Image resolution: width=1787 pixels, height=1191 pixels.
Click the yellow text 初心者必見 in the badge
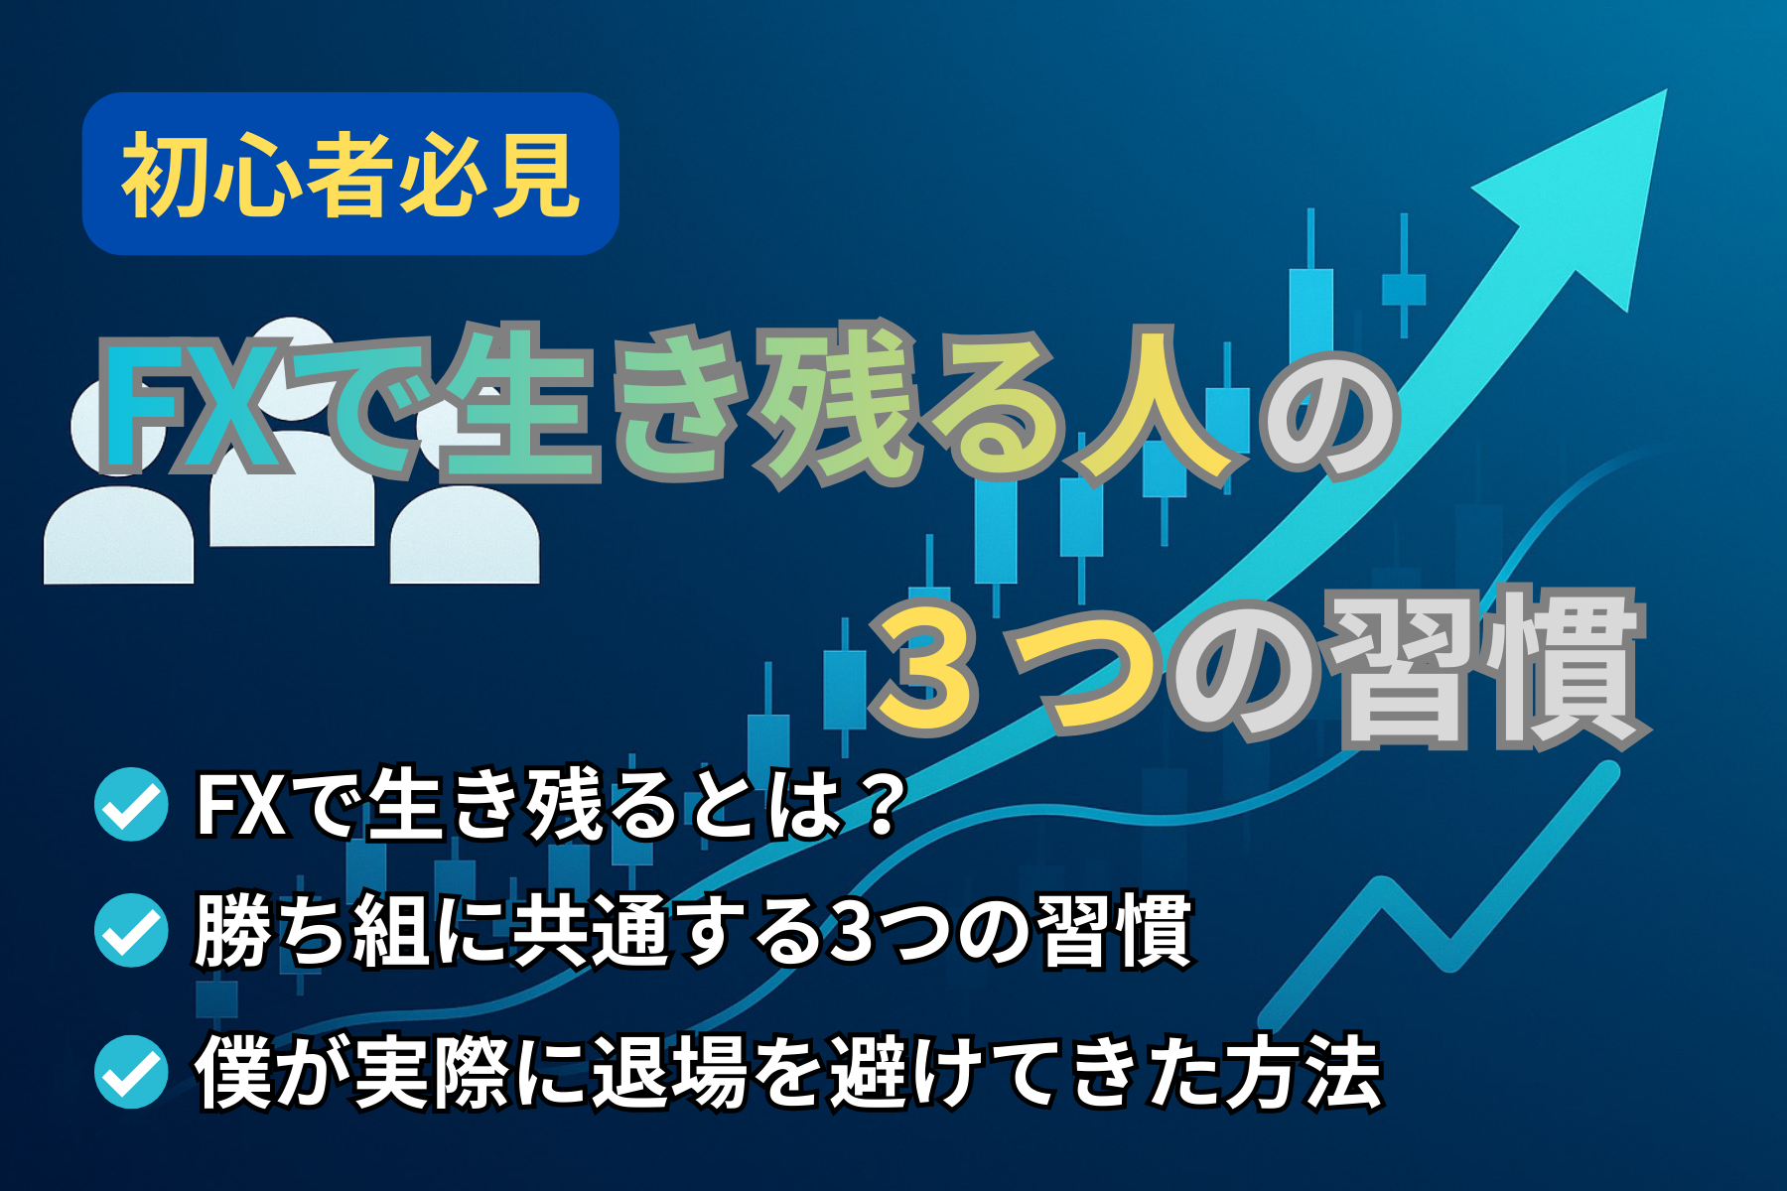click(x=350, y=175)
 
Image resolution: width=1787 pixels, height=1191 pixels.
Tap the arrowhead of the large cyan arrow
click(x=1588, y=189)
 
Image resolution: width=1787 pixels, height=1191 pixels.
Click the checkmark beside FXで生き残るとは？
click(x=131, y=804)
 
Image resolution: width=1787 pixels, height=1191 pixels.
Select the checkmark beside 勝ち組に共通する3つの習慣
click(x=131, y=930)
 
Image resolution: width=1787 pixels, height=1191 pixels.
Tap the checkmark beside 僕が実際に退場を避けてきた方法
click(x=131, y=1071)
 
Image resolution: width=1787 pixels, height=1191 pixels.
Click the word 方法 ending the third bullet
click(x=1303, y=1072)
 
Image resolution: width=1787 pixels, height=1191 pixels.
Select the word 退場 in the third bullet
click(x=671, y=1072)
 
